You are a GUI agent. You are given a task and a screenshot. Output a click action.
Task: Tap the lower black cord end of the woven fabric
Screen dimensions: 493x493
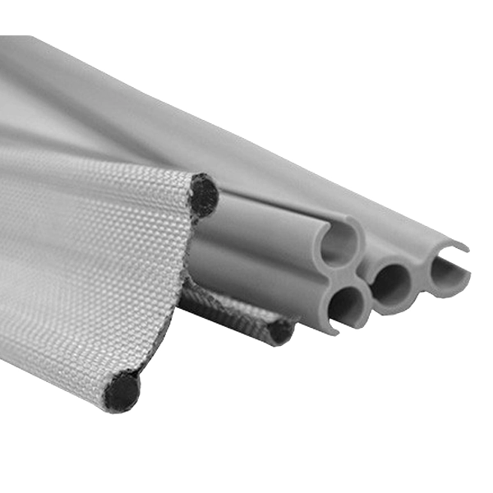click(x=122, y=391)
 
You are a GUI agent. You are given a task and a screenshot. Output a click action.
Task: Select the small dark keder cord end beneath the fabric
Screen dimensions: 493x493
click(x=280, y=331)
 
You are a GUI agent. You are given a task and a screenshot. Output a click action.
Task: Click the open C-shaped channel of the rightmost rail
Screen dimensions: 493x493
click(x=449, y=273)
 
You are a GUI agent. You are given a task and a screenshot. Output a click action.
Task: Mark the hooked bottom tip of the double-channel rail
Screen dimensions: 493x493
click(x=332, y=330)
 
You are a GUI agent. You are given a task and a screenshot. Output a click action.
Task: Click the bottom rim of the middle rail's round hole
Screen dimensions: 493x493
click(x=393, y=308)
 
